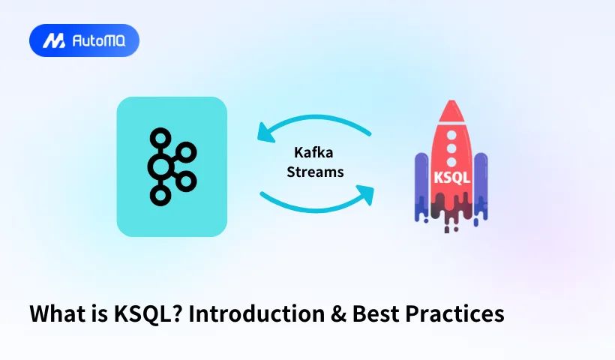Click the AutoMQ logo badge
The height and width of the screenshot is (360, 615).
84,40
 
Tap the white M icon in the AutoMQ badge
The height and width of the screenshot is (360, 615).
54,40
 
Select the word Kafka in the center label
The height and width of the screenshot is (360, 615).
313,152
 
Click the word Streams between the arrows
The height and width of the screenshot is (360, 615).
315,172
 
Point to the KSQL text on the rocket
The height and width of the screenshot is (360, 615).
451,178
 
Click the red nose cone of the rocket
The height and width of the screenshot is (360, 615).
451,111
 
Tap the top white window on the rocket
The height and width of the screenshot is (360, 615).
451,135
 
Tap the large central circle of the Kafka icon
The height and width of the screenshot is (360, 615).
160,167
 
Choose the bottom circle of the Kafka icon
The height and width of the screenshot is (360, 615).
160,195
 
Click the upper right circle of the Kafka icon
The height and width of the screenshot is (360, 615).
186,152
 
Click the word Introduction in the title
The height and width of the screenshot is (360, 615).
257,313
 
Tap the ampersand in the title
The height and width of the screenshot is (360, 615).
338,314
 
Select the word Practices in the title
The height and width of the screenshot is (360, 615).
454,313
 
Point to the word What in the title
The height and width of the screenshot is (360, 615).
57,313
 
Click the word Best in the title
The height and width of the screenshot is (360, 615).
375,313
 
